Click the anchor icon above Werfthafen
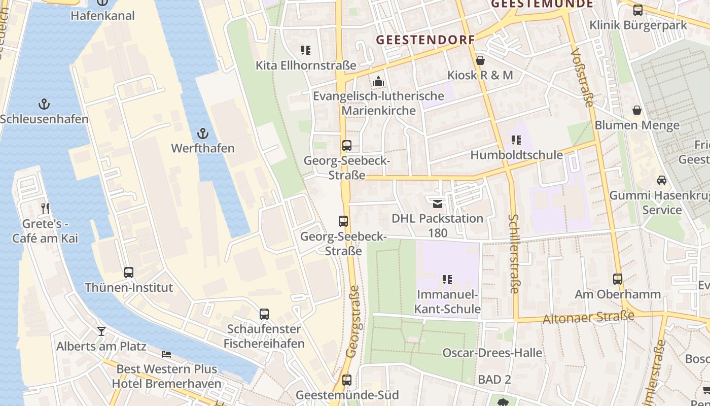[203, 134]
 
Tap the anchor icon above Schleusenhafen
[44, 105]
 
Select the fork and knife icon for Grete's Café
[45, 208]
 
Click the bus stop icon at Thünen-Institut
[129, 273]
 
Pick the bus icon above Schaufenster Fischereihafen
[264, 314]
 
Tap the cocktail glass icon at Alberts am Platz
[101, 331]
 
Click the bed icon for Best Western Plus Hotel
[166, 354]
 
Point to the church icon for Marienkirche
[378, 81]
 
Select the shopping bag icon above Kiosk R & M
[480, 60]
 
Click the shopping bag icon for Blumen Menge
[637, 110]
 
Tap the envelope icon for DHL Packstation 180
[437, 204]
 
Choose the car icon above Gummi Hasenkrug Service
[661, 180]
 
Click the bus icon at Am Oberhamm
[617, 279]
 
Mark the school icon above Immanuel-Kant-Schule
[447, 279]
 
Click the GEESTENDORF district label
[425, 40]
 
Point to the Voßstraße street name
[582, 78]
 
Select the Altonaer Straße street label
[588, 318]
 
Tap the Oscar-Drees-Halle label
[492, 353]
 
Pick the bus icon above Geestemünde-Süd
[347, 380]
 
